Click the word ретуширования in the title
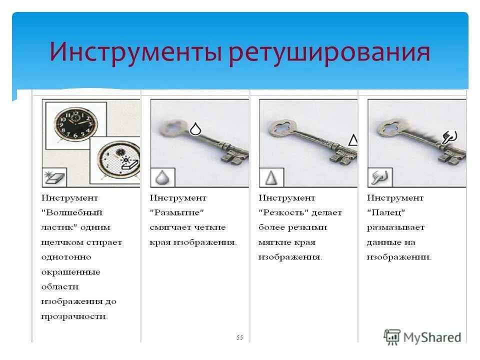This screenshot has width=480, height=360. click(329, 53)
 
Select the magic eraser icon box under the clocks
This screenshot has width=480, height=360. click(53, 177)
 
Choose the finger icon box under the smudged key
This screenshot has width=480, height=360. click(379, 177)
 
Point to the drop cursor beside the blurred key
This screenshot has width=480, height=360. click(195, 129)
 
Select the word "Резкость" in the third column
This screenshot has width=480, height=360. click(285, 212)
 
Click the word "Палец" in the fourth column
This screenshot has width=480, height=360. click(386, 212)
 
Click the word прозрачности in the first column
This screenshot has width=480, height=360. click(75, 316)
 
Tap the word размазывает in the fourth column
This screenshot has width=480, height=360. click(395, 227)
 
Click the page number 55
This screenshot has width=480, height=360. click(239, 338)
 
